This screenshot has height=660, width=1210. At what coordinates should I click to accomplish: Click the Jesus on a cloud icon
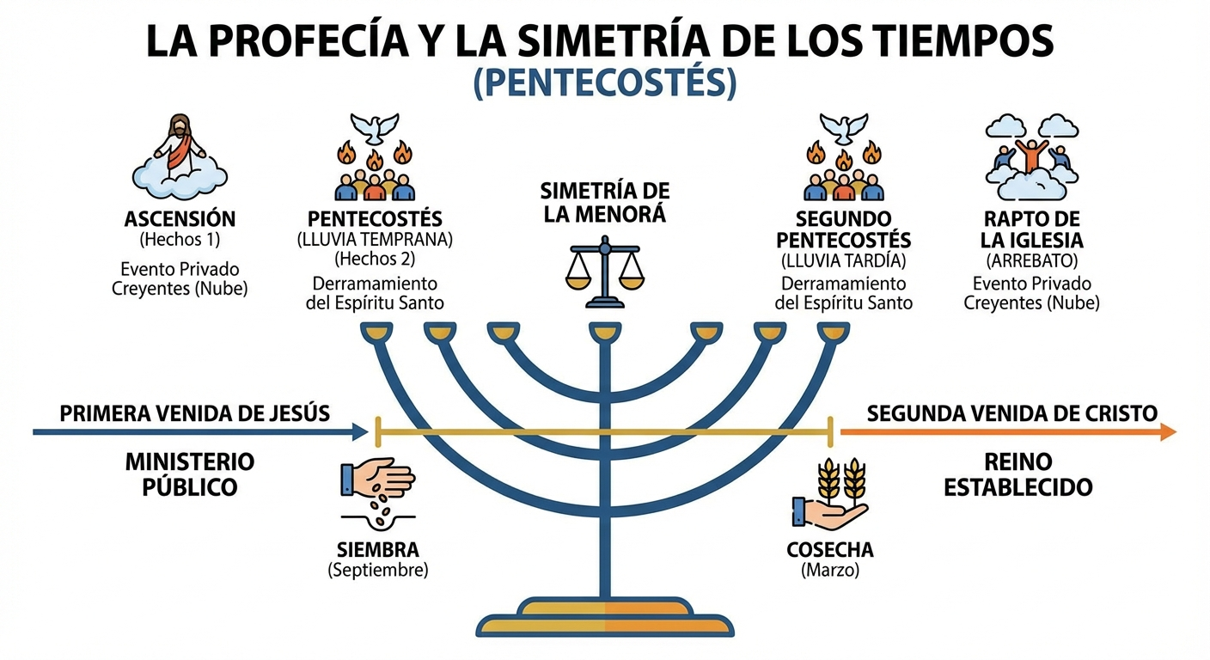point(180,153)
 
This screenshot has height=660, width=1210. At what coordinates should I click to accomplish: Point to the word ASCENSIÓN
point(180,217)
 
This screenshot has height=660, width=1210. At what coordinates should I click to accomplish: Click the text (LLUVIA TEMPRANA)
point(375,239)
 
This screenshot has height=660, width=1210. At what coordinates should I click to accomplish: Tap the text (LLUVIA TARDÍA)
point(842,260)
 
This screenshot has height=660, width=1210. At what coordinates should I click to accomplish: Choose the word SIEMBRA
point(378,550)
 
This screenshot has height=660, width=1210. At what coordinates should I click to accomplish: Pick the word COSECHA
point(830,550)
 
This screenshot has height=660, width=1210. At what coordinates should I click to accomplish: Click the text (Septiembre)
point(378,570)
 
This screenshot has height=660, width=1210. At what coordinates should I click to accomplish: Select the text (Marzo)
point(830,570)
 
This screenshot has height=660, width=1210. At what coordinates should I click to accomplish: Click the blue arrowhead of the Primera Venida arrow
point(360,431)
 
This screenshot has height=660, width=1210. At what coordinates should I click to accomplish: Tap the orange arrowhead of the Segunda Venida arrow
point(1168,431)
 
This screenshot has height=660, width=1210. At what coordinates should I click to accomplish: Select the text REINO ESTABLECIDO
point(1018,474)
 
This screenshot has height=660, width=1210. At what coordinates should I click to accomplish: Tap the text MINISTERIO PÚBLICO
point(190,474)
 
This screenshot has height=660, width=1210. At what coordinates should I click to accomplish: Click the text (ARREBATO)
point(1031,260)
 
